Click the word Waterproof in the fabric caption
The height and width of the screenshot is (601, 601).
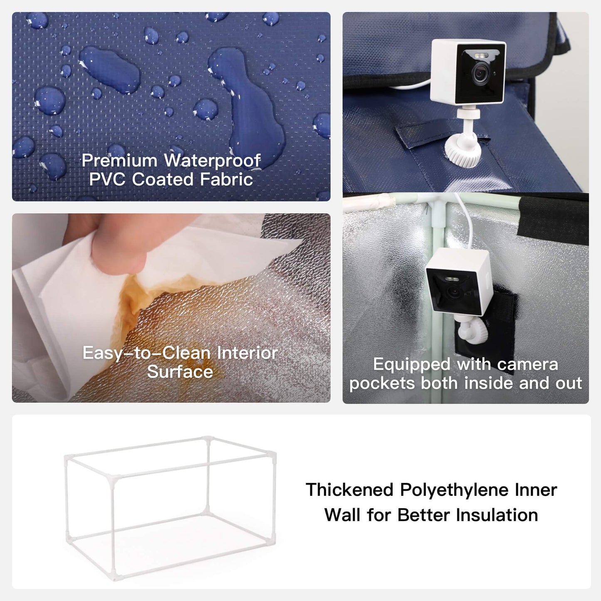[x=212, y=161]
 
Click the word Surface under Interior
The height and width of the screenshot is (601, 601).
[x=180, y=372]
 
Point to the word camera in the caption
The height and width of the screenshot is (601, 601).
[x=527, y=365]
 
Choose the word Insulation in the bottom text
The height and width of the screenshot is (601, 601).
[x=497, y=515]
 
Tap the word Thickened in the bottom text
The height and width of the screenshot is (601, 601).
[x=350, y=490]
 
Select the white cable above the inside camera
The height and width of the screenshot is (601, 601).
[x=466, y=220]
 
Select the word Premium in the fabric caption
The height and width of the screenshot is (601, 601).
[x=119, y=161]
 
